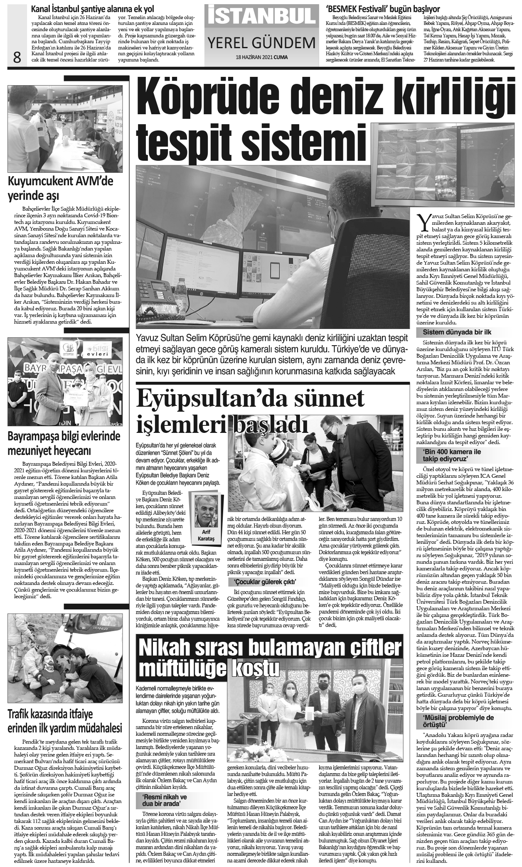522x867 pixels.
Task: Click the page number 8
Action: (x=17, y=57)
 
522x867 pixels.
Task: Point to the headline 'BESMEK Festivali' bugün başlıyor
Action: (x=383, y=9)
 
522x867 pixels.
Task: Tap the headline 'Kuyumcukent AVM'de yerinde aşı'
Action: (x=61, y=188)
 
